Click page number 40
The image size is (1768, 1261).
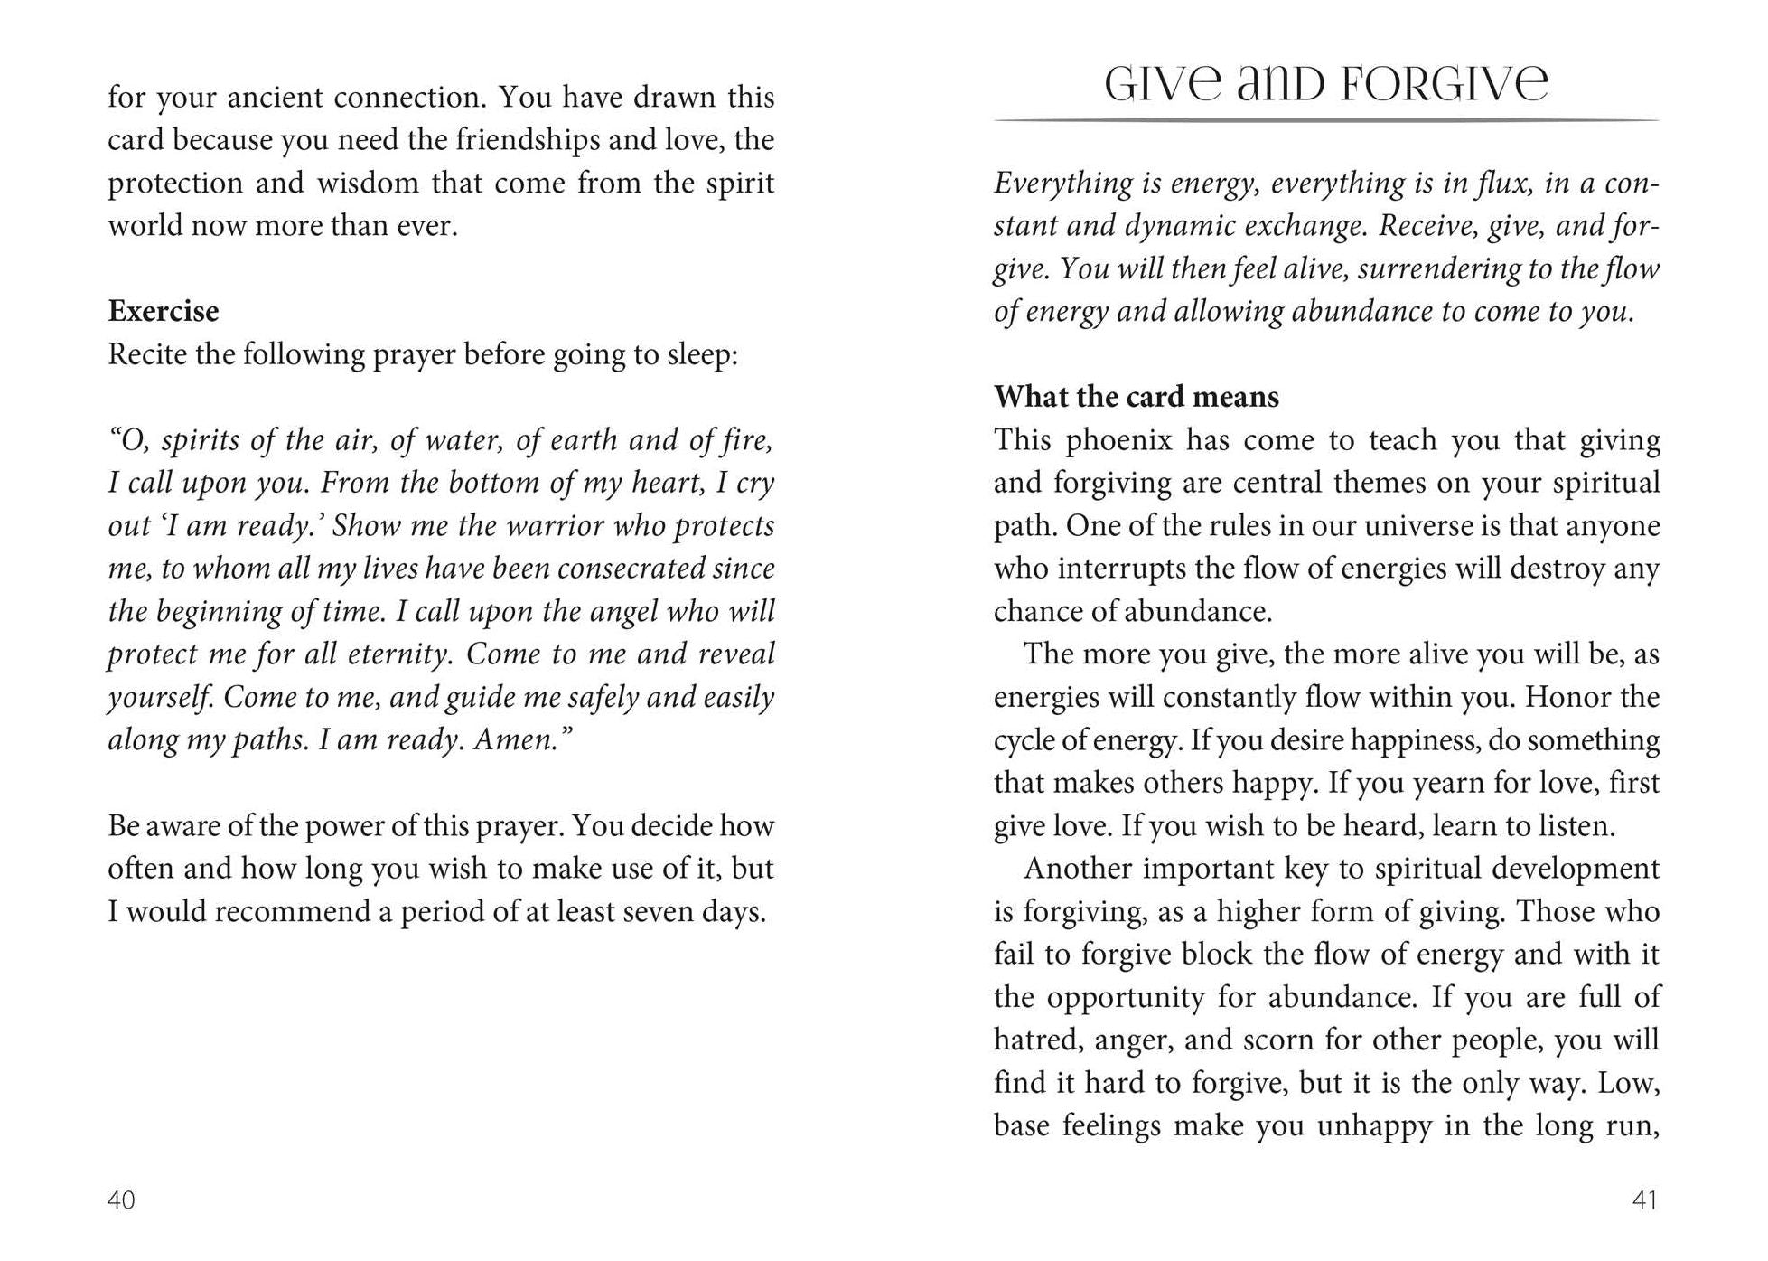pyautogui.click(x=121, y=1200)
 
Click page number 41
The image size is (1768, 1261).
pyautogui.click(x=1645, y=1200)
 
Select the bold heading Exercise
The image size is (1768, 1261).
pyautogui.click(x=163, y=311)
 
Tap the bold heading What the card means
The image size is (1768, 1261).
pyautogui.click(x=1136, y=397)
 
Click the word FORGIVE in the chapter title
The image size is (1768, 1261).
pyautogui.click(x=1445, y=84)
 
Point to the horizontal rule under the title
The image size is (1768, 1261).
pyautogui.click(x=1326, y=120)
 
